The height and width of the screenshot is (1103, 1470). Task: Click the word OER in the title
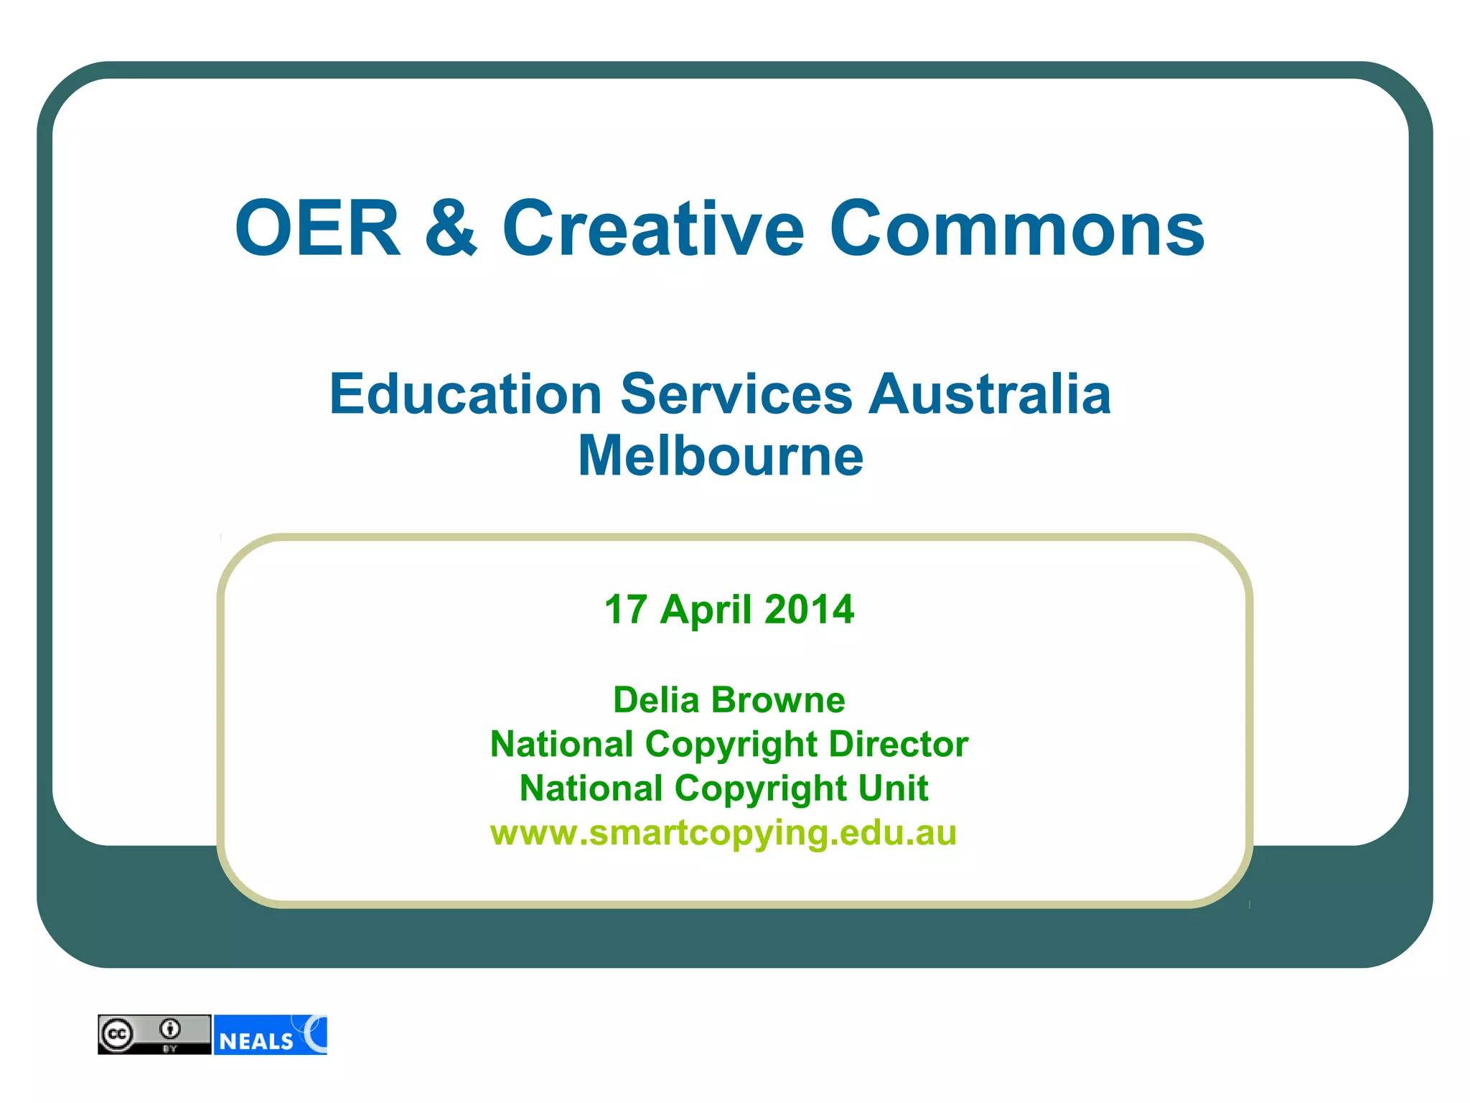(318, 228)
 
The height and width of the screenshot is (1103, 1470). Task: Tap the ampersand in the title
(451, 228)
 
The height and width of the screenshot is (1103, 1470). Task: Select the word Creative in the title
(653, 228)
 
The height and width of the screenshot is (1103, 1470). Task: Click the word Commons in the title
(1017, 228)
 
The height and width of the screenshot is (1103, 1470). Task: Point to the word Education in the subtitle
(466, 394)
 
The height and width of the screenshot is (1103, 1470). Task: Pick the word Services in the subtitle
(736, 394)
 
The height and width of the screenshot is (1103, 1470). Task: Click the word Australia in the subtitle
(991, 394)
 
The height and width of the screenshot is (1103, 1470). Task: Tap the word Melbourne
(721, 456)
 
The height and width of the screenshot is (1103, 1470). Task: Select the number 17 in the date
(627, 610)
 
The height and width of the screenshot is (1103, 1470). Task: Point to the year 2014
(810, 610)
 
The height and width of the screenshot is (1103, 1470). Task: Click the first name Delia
(656, 700)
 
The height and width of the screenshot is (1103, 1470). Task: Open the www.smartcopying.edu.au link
(724, 834)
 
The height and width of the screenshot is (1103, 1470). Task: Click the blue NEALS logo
(271, 1035)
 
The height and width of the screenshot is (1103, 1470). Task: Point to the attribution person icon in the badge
(170, 1029)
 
